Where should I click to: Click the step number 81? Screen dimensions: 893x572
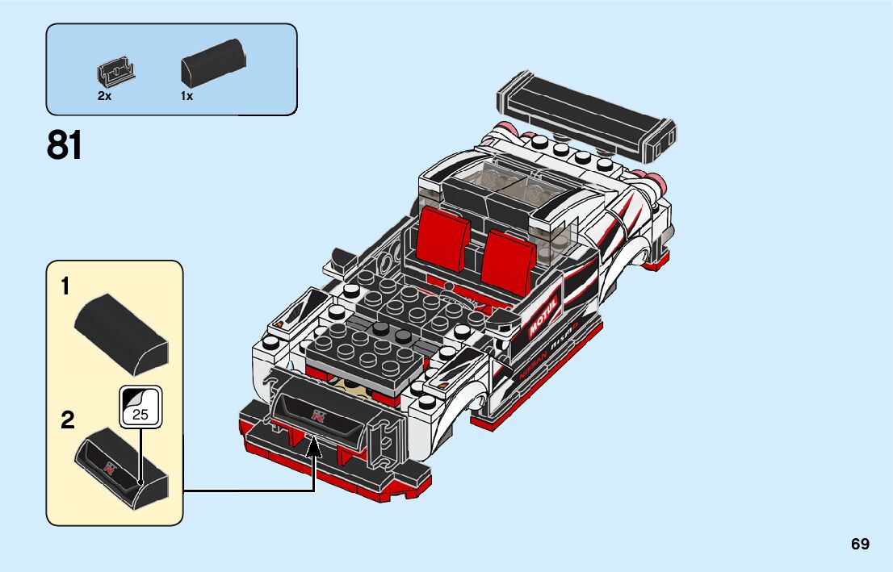(x=65, y=146)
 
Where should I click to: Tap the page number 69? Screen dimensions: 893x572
(x=860, y=544)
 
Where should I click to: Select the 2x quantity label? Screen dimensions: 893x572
(x=104, y=96)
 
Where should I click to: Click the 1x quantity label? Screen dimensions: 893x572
(x=187, y=96)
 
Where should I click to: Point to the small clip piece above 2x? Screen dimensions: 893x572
(x=115, y=73)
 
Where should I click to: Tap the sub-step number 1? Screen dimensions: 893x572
(x=65, y=286)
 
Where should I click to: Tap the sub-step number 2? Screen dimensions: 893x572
(x=67, y=420)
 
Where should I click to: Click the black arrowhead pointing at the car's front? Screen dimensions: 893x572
(x=313, y=447)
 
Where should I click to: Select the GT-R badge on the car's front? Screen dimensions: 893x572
(x=320, y=415)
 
